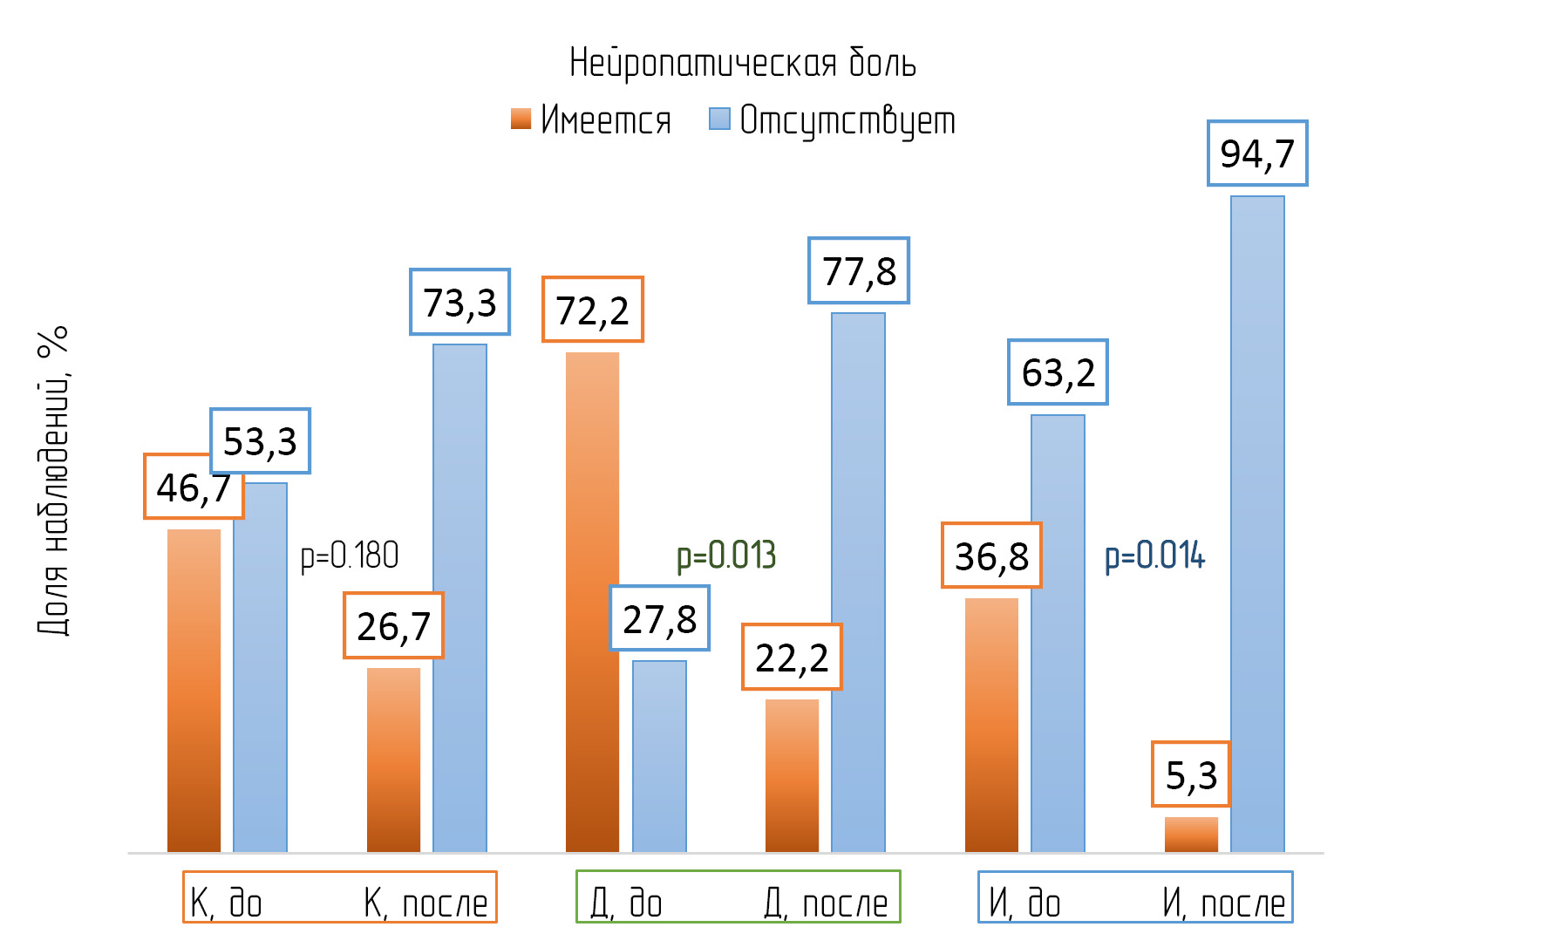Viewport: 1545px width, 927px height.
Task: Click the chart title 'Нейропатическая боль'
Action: pos(742,63)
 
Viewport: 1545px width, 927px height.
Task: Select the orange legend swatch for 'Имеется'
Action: pos(521,119)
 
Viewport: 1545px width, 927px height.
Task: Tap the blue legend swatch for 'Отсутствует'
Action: pos(719,119)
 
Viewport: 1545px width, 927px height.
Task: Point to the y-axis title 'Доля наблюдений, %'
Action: pos(53,481)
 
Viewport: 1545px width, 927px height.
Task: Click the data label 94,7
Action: pos(1257,153)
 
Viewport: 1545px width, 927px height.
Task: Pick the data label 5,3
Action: pos(1191,774)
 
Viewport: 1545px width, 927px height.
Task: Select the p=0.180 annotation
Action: pos(350,556)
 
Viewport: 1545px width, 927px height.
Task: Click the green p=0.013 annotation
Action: pos(726,556)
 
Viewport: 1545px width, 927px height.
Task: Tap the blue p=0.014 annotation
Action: pos(1154,556)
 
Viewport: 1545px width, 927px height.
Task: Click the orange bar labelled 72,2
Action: pos(592,602)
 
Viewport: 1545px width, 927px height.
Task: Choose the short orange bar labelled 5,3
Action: pos(1191,835)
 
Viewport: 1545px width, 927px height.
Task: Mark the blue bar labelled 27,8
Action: pos(659,756)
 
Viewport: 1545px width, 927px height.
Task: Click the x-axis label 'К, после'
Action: pos(425,903)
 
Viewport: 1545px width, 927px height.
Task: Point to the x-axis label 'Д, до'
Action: pos(626,903)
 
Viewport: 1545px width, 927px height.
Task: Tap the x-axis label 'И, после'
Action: pos(1223,903)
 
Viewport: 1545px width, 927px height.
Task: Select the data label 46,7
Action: pos(194,487)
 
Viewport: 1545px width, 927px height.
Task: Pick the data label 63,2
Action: pos(1058,372)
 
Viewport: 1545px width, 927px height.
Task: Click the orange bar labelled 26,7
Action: pos(393,760)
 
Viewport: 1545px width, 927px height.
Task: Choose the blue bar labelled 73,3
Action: pos(459,597)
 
